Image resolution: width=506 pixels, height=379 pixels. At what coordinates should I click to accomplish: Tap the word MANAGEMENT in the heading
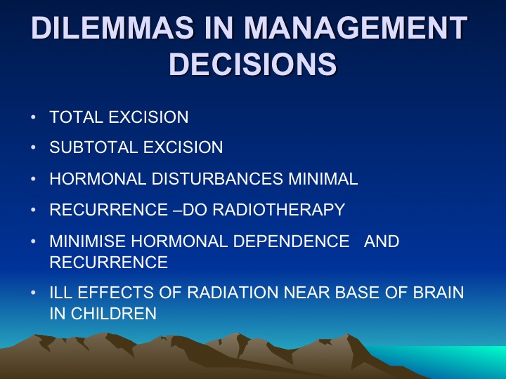click(x=356, y=27)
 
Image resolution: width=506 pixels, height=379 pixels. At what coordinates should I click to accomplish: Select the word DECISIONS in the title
click(x=253, y=63)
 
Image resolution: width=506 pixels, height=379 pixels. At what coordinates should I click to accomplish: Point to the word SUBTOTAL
click(x=93, y=147)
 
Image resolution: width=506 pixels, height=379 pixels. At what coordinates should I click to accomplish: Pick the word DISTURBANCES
click(x=217, y=178)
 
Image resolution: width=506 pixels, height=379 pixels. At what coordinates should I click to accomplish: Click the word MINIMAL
click(x=323, y=178)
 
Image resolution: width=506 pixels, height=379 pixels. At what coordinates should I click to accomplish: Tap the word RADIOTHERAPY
click(x=279, y=209)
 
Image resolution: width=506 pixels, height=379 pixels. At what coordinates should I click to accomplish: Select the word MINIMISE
click(x=87, y=241)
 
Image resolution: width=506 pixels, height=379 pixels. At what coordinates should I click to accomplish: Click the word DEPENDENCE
click(x=291, y=241)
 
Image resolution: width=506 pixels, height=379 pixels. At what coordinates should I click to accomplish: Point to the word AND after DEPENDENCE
click(x=382, y=241)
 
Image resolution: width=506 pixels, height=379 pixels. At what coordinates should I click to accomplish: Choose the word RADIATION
click(x=233, y=293)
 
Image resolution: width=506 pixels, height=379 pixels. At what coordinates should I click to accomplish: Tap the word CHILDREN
click(x=114, y=313)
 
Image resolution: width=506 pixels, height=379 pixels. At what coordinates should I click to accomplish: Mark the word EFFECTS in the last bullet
click(x=115, y=293)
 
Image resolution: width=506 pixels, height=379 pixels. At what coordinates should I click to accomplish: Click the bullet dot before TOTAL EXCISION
click(x=33, y=117)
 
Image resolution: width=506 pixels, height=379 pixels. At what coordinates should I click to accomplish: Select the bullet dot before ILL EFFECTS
click(x=33, y=293)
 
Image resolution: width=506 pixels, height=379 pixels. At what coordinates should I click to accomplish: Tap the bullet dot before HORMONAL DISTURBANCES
click(x=33, y=179)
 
